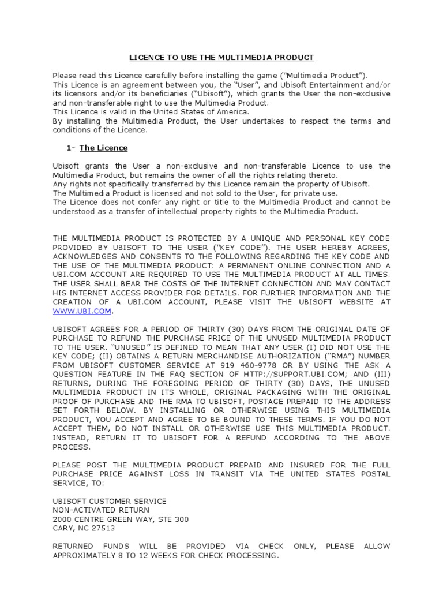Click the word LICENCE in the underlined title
tap(145, 57)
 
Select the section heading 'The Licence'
tap(104, 148)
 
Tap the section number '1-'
tap(72, 148)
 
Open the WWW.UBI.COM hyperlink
tap(81, 311)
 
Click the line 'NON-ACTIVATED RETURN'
tap(101, 510)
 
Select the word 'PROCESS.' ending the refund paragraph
tap(72, 447)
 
